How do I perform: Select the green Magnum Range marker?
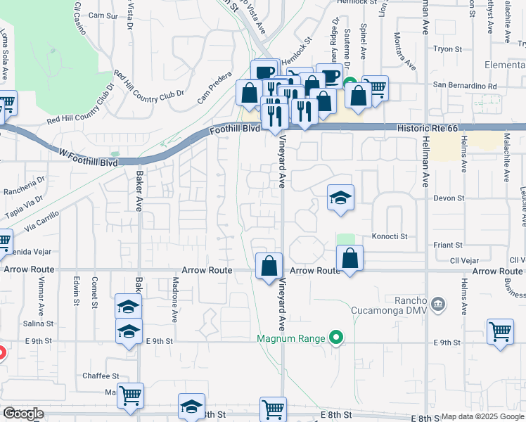pyautogui.click(x=336, y=338)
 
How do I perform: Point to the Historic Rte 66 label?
pyautogui.click(x=427, y=129)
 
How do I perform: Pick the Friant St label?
pyautogui.click(x=447, y=245)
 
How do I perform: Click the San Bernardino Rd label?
pyautogui.click(x=464, y=86)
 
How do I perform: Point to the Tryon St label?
pyautogui.click(x=447, y=49)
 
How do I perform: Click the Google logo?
pyautogui.click(x=23, y=414)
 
